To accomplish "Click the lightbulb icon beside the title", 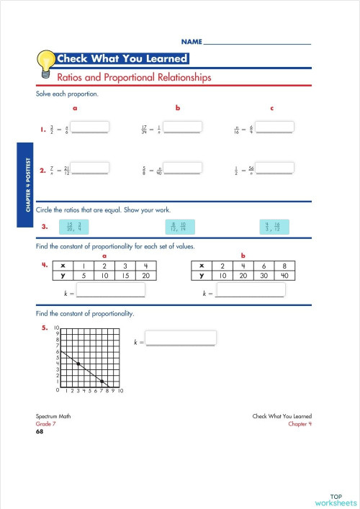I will [x=47, y=61].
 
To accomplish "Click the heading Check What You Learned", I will [x=122, y=59].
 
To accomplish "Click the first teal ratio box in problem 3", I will [x=74, y=228].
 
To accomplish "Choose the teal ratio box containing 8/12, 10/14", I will [x=179, y=228].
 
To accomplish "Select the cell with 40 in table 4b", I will [x=284, y=275].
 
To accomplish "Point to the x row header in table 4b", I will [x=202, y=265].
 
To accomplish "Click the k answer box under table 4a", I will [x=111, y=291].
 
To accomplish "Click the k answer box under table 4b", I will [x=251, y=291].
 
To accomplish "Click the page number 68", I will [x=40, y=432].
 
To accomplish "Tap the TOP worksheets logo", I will [x=336, y=499].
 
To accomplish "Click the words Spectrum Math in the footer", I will [x=53, y=417].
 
